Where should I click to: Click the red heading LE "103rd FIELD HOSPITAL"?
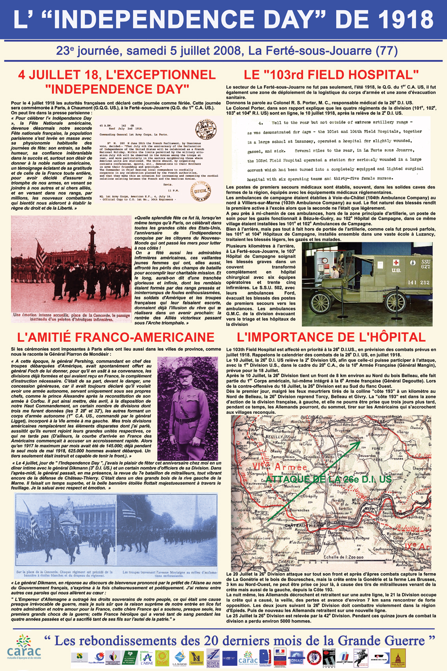pyautogui.click(x=331, y=75)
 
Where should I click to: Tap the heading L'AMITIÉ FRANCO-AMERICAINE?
pyautogui.click(x=116, y=337)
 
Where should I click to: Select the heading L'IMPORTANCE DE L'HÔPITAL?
pyautogui.click(x=331, y=337)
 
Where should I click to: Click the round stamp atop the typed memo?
pyautogui.click(x=206, y=128)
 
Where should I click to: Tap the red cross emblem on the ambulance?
pyautogui.click(x=396, y=262)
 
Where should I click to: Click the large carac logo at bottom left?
pyautogui.click(x=24, y=647)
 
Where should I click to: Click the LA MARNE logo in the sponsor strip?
pyautogui.click(x=180, y=658)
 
